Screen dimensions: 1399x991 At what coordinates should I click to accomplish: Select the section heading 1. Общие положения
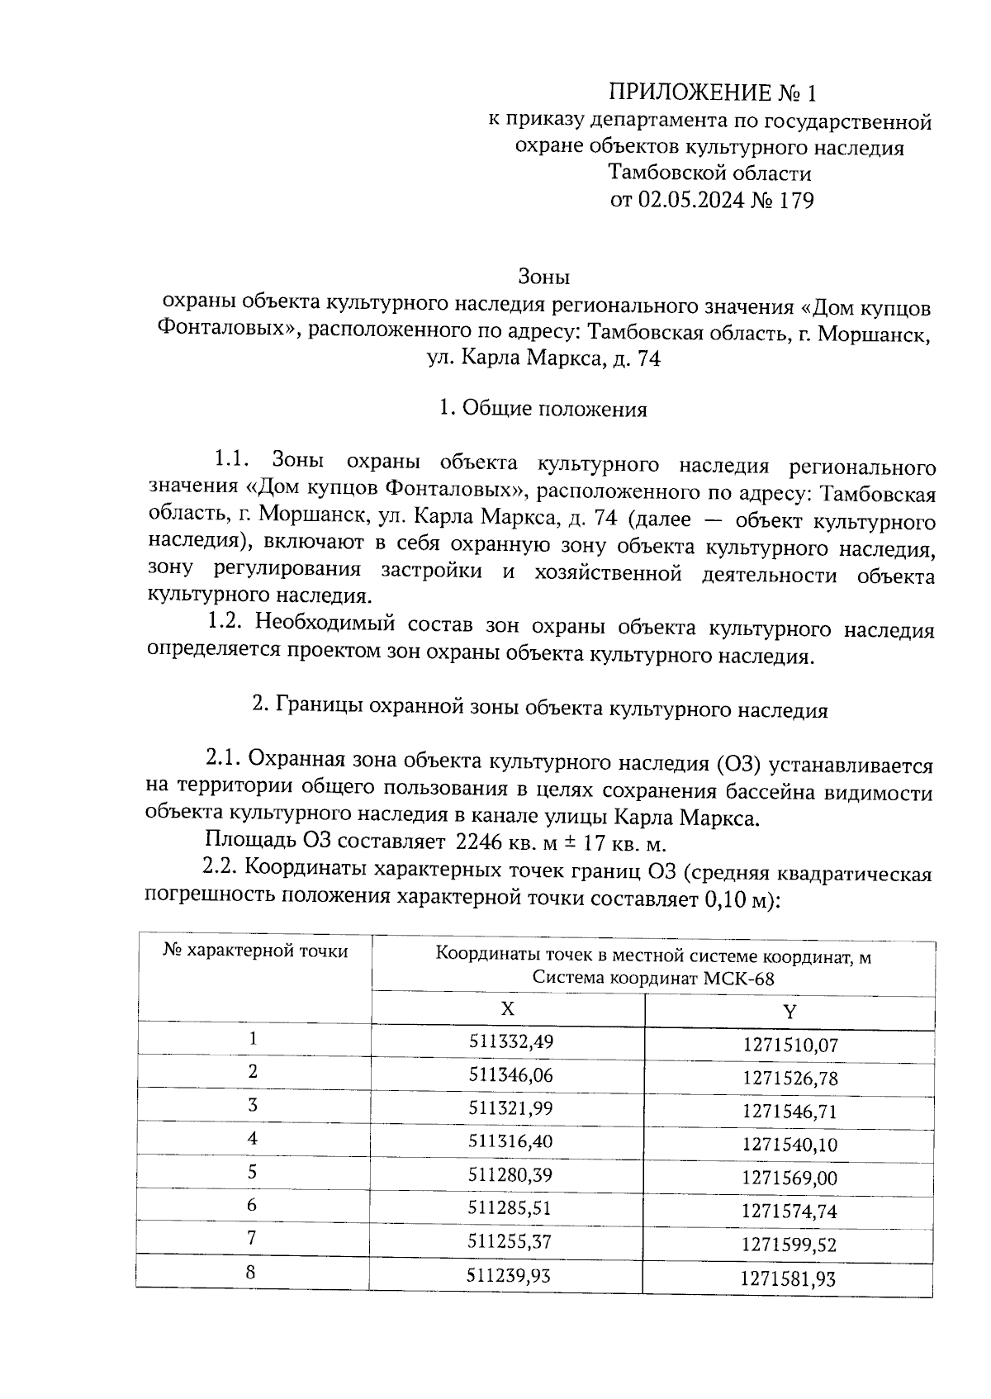(543, 410)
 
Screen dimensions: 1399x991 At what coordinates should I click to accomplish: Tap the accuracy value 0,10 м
(734, 899)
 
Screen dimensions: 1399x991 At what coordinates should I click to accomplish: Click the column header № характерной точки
(255, 951)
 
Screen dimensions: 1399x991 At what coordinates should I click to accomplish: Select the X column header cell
(508, 1009)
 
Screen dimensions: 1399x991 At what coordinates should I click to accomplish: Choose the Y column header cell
(789, 1012)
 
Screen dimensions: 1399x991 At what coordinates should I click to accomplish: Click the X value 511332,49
(510, 1041)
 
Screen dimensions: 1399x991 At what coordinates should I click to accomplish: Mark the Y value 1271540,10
(789, 1145)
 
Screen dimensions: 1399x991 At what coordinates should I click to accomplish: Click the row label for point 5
(253, 1172)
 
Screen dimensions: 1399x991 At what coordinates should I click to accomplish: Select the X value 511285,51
(510, 1208)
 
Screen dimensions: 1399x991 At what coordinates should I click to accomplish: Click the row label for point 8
(251, 1273)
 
